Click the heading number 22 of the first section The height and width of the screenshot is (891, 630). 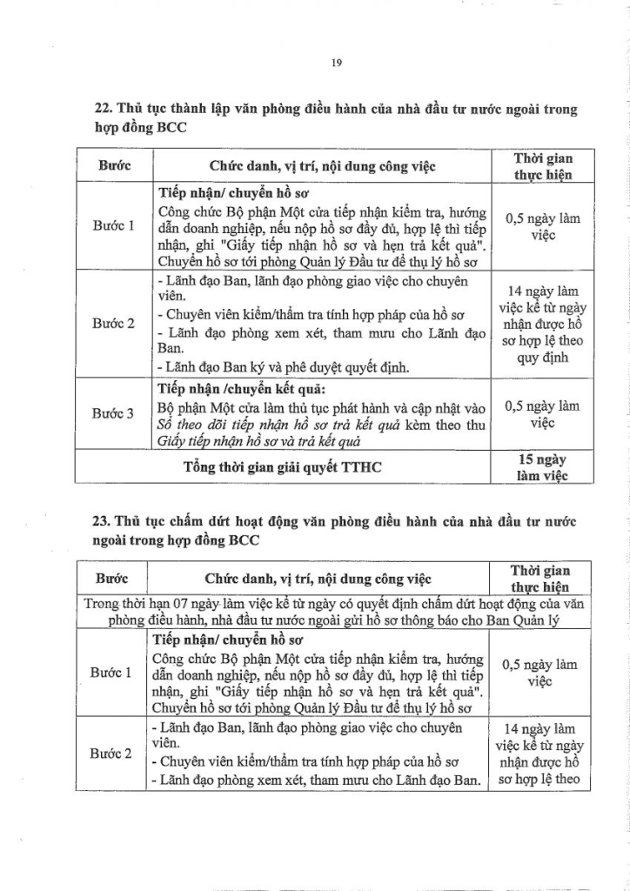(100, 110)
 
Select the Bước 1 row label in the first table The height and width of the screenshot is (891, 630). (114, 225)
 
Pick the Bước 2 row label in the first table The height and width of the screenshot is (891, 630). (114, 324)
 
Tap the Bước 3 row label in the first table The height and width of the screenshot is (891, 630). (114, 413)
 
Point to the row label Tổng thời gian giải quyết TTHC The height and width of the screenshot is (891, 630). (283, 467)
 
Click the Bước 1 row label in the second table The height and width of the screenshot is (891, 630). (111, 673)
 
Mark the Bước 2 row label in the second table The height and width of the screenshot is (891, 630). (111, 754)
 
